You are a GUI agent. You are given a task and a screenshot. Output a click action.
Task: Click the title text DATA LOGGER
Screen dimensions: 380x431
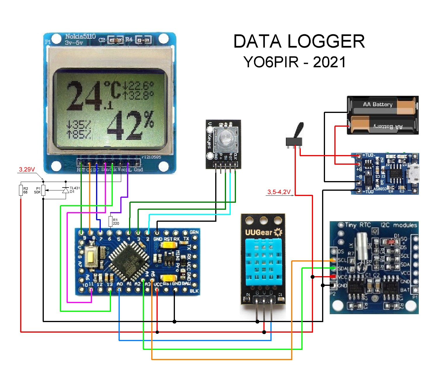(299, 41)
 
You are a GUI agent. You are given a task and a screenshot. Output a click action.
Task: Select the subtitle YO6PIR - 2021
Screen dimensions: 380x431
(294, 62)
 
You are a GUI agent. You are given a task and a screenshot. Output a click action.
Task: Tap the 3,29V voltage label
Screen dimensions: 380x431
(27, 169)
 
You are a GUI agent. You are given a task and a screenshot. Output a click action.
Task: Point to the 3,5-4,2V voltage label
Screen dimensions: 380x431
(279, 192)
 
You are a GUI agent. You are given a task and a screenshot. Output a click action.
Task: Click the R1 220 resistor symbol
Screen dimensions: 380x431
(111, 221)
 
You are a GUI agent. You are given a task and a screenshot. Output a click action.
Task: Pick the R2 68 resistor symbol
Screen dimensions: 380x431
(21, 190)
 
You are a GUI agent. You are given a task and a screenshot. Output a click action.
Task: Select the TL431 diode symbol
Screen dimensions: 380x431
(66, 190)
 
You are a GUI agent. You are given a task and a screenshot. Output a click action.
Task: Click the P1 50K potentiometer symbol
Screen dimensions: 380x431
(43, 190)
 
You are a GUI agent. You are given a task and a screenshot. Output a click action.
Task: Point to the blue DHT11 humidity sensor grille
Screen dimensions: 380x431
(264, 262)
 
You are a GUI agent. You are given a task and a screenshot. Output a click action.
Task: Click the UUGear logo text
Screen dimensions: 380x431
(259, 233)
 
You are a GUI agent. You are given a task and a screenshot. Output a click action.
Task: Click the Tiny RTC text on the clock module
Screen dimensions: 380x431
(358, 225)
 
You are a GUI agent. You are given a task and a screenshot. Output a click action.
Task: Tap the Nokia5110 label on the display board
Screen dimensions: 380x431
(80, 37)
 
